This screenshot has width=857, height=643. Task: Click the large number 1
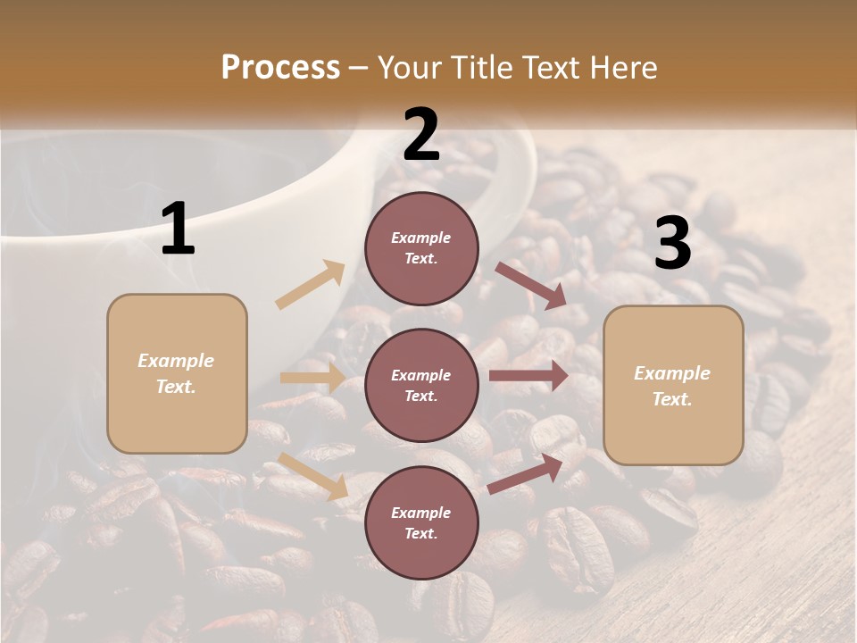pyautogui.click(x=178, y=230)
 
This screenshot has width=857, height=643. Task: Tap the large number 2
pyautogui.click(x=421, y=135)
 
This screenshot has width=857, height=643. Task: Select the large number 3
pyautogui.click(x=672, y=244)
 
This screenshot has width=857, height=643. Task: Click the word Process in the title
pyautogui.click(x=280, y=67)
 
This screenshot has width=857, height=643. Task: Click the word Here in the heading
pyautogui.click(x=624, y=67)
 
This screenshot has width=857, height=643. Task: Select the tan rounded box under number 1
pyautogui.click(x=177, y=373)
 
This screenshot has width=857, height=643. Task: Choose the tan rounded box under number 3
pyautogui.click(x=673, y=386)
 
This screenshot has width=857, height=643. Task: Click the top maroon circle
pyautogui.click(x=421, y=248)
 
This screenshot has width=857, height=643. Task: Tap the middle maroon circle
pyautogui.click(x=421, y=386)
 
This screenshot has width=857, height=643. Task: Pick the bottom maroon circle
pyautogui.click(x=421, y=523)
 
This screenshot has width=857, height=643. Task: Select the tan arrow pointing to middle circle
pyautogui.click(x=313, y=378)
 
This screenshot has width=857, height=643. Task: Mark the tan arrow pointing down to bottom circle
pyautogui.click(x=313, y=476)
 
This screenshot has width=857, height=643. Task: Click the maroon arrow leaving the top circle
pyautogui.click(x=530, y=285)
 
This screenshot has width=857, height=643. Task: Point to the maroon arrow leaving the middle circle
pyautogui.click(x=528, y=376)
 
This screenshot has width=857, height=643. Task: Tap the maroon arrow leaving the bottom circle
pyautogui.click(x=526, y=473)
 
